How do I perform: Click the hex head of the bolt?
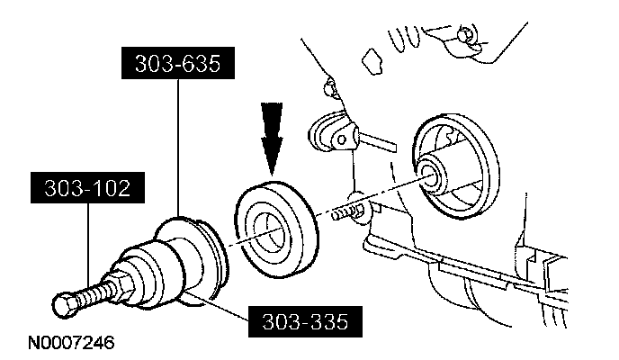click(64, 307)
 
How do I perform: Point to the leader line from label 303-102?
click(87, 243)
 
